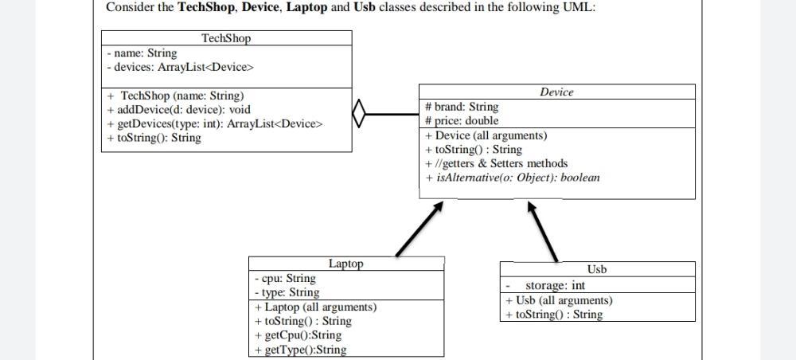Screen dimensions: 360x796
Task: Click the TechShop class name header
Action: tap(226, 38)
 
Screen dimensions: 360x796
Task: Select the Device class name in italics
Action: tap(556, 92)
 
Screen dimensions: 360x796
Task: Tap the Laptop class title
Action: tap(345, 264)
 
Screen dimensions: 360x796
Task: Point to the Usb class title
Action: tap(597, 269)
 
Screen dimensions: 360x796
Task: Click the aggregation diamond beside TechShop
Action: tap(359, 113)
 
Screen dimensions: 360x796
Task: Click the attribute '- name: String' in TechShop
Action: tap(142, 53)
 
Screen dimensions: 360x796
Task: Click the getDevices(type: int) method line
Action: tap(214, 123)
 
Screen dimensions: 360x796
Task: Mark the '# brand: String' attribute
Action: tap(462, 107)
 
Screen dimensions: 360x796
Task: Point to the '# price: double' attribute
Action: tap(462, 121)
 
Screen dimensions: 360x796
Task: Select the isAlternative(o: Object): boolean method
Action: tap(513, 178)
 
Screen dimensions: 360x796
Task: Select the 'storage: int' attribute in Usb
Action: tap(555, 286)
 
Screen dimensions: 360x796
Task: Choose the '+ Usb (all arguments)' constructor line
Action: tap(559, 300)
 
